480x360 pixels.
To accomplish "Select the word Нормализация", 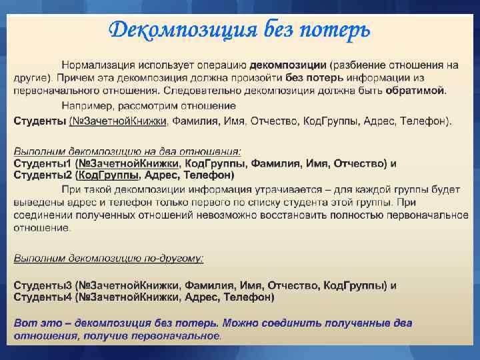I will (x=98, y=65).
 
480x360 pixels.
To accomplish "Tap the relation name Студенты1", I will (x=42, y=163).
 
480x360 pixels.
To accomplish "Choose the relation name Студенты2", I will (x=42, y=175).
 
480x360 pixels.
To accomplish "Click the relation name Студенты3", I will (x=42, y=285).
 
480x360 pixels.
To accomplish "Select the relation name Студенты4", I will (x=42, y=297).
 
